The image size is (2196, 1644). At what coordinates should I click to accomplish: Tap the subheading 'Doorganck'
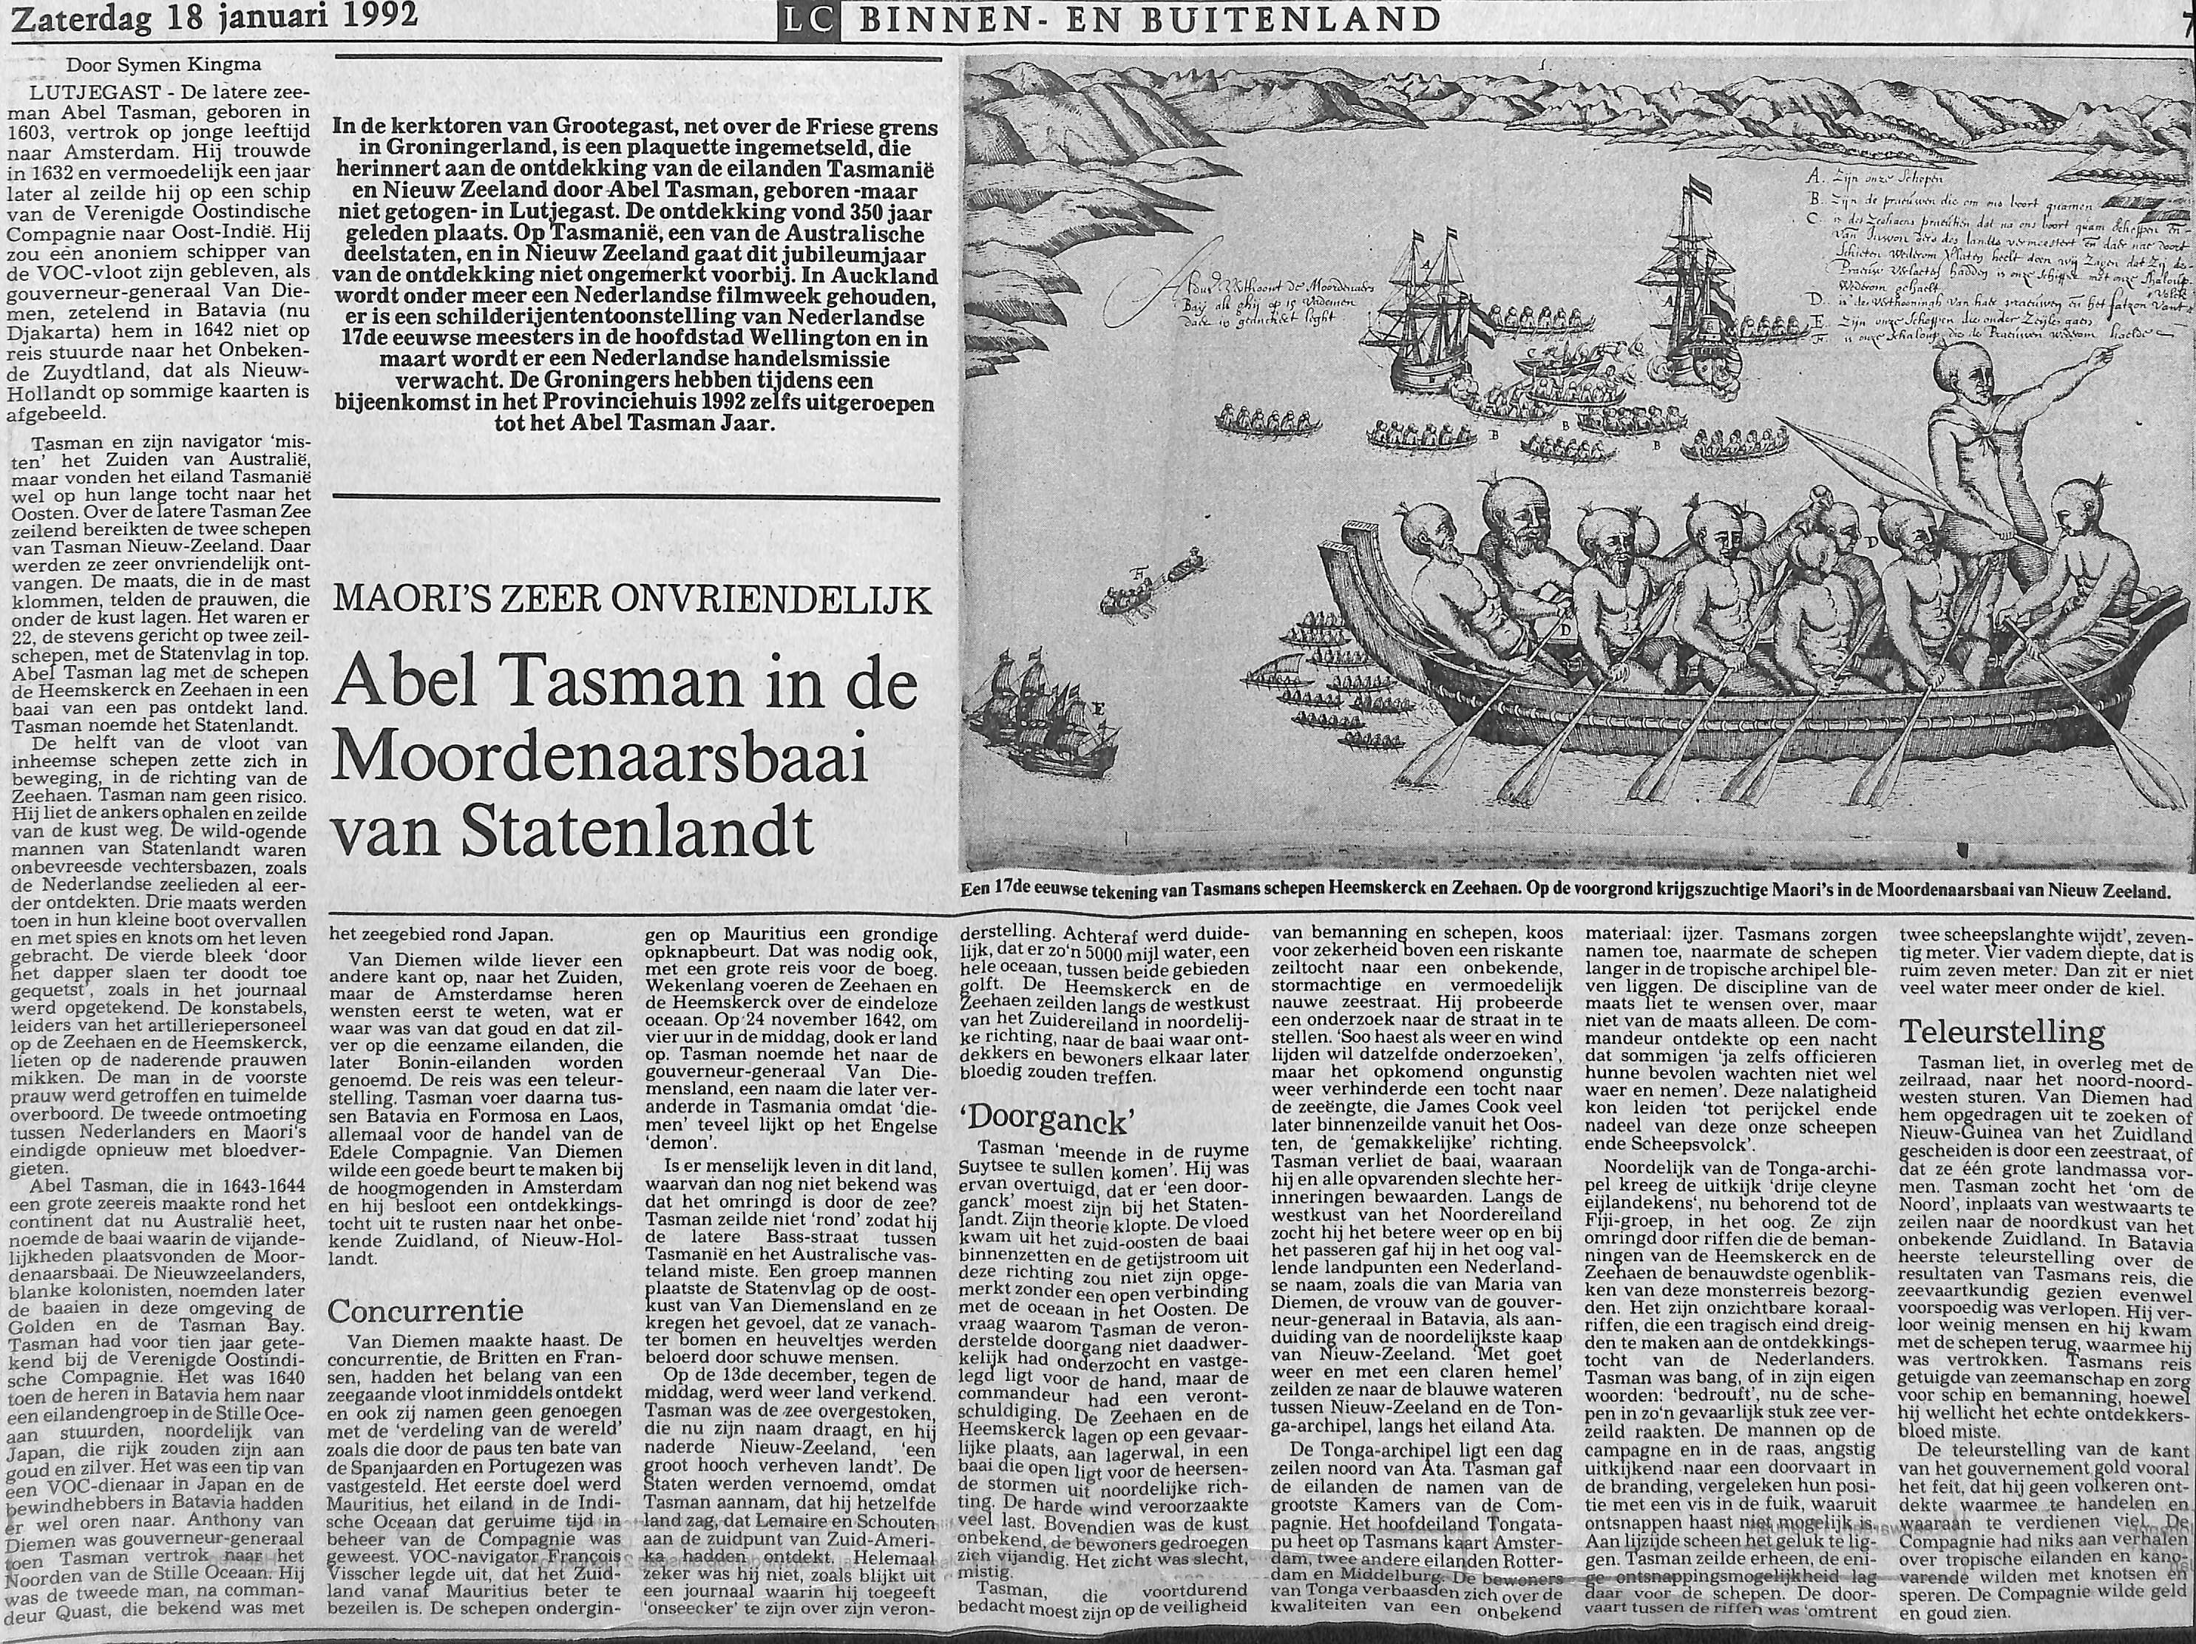pos(1048,1123)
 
